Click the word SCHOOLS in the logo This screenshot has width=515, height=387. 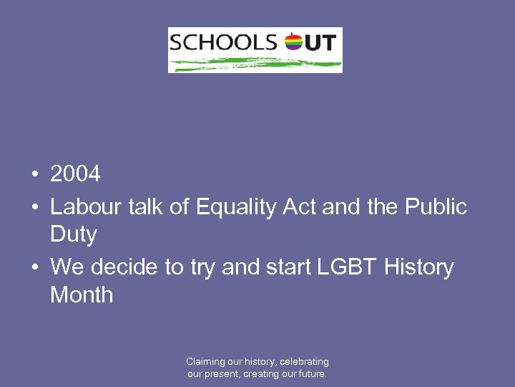point(222,42)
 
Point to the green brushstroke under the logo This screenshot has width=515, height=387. point(255,64)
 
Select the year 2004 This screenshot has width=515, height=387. point(75,173)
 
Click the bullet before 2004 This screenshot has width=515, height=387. point(34,174)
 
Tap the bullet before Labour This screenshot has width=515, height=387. point(34,207)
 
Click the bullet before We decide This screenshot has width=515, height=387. point(34,267)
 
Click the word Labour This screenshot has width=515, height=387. point(86,207)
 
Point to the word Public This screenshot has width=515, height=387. point(436,207)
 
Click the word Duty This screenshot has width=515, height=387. point(73,234)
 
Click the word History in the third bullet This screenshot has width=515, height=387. point(418,267)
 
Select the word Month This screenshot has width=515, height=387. point(82,295)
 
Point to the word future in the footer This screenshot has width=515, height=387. point(310,373)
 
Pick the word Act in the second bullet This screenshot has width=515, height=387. point(300,207)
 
